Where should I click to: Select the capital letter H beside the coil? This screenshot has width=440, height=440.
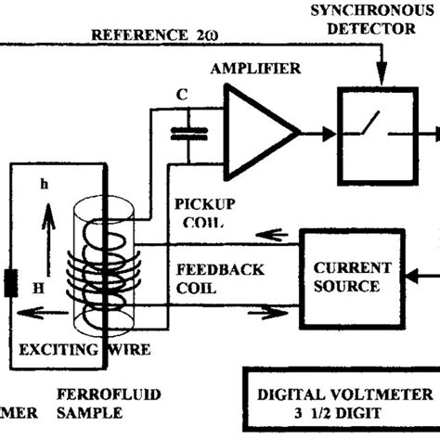click(x=38, y=290)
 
